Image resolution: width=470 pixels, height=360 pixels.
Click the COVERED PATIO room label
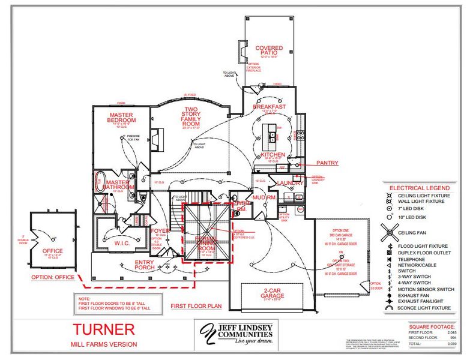(x=269, y=51)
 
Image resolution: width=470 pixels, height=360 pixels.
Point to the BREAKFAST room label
(x=270, y=107)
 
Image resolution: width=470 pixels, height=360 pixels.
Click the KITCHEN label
(x=273, y=155)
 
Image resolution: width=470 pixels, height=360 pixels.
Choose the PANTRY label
(x=328, y=163)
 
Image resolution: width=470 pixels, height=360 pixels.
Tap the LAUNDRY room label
(x=291, y=184)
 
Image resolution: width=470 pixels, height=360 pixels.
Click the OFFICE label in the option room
(x=52, y=251)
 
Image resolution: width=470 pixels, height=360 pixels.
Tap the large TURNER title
(x=104, y=329)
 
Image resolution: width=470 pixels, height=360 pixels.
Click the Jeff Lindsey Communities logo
(x=234, y=333)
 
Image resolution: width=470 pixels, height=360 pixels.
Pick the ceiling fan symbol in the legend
(x=390, y=232)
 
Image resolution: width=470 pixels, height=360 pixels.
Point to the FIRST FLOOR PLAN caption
(x=196, y=306)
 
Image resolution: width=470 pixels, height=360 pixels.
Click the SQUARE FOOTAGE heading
(x=430, y=327)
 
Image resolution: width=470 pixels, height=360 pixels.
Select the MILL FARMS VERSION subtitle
(x=104, y=344)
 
